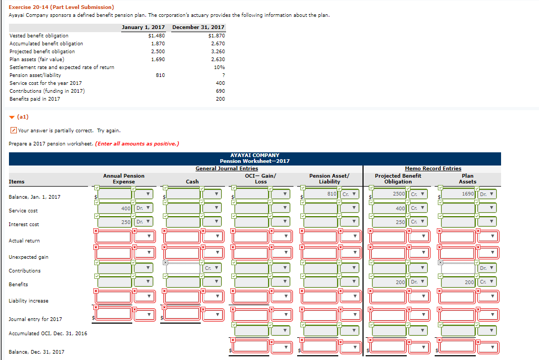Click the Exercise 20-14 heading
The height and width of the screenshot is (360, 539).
pos(61,7)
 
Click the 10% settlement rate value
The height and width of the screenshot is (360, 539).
pos(220,67)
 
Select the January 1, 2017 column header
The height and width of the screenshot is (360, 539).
pos(143,27)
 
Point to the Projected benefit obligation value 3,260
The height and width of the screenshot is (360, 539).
pos(218,52)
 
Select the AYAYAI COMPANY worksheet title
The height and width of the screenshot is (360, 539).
pos(254,155)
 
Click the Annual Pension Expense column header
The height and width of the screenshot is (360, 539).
pos(124,178)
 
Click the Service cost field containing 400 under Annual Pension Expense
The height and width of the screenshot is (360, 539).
pos(115,208)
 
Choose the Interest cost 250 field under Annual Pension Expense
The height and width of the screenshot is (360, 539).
pos(115,222)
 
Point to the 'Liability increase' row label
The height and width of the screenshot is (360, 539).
pos(28,301)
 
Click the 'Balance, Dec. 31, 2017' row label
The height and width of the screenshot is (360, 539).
pos(36,352)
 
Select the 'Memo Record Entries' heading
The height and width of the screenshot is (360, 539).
pos(433,169)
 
